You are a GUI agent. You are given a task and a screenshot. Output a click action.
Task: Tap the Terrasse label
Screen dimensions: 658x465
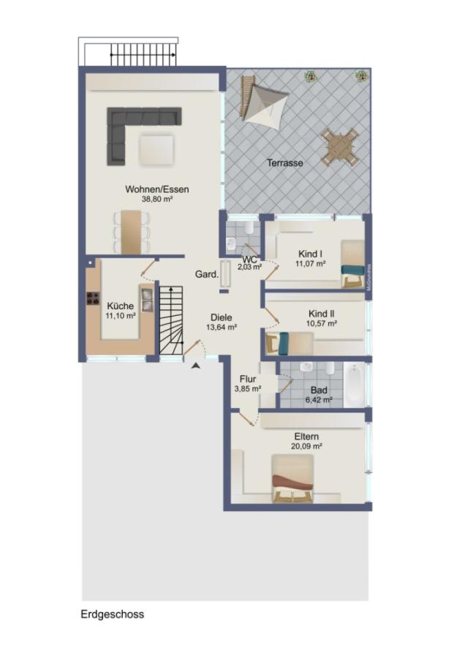284,163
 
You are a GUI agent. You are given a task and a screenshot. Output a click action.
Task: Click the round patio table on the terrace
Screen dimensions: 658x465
339,146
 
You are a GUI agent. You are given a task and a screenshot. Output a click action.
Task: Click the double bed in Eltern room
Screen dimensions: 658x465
293,480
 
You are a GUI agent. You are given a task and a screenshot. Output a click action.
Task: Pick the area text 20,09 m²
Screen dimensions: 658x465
307,445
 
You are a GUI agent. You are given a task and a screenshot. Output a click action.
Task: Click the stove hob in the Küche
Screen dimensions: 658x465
94,298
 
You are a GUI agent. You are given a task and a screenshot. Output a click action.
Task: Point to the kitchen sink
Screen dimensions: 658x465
147,298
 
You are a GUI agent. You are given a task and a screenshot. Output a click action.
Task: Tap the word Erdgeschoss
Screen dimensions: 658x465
112,614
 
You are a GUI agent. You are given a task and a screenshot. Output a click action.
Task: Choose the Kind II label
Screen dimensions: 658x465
321,312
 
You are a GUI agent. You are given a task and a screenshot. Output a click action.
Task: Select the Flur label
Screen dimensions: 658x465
247,379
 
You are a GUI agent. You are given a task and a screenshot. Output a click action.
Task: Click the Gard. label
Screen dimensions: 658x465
206,274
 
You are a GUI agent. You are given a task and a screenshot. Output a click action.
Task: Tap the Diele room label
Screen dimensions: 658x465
221,317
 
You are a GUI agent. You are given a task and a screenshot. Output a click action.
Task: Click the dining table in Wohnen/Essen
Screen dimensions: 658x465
131,230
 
